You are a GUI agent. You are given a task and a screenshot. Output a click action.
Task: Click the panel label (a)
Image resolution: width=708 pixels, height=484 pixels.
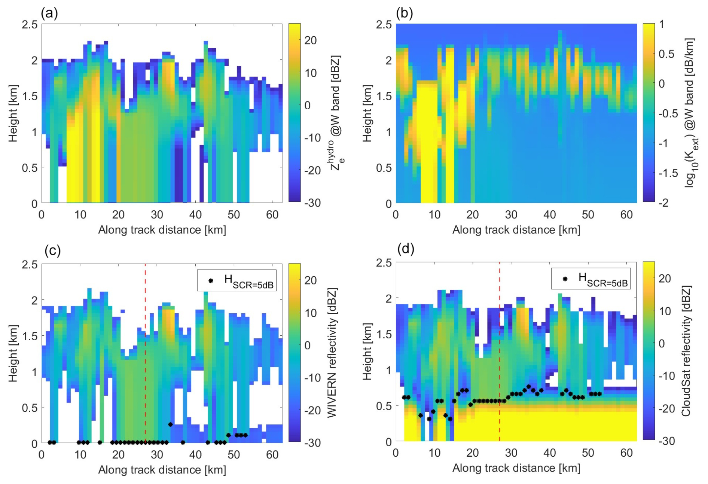pyautogui.click(x=49, y=14)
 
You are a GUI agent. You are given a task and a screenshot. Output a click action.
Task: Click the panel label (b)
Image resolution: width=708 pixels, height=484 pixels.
pyautogui.click(x=404, y=14)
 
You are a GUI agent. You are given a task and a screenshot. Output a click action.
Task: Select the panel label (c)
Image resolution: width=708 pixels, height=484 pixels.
pyautogui.click(x=52, y=250)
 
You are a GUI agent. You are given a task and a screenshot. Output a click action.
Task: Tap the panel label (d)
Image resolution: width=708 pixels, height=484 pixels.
pyautogui.click(x=406, y=249)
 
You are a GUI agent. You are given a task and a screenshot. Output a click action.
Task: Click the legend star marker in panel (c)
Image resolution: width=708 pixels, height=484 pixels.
pyautogui.click(x=211, y=280)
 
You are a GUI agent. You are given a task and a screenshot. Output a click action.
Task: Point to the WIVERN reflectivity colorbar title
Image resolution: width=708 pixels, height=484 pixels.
pyautogui.click(x=332, y=352)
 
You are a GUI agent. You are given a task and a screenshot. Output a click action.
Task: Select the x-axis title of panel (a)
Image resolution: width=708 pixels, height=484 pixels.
pyautogui.click(x=162, y=229)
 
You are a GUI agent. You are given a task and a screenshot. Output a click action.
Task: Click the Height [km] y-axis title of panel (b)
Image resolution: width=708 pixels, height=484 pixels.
pyautogui.click(x=367, y=113)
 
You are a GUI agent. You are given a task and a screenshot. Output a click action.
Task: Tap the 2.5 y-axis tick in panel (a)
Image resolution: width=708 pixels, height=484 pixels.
pyautogui.click(x=30, y=25)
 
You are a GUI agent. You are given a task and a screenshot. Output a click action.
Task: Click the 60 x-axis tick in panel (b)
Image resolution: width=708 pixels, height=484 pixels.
pyautogui.click(x=626, y=215)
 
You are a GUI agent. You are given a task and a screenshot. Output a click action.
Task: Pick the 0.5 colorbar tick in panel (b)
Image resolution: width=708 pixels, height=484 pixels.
pyautogui.click(x=666, y=54)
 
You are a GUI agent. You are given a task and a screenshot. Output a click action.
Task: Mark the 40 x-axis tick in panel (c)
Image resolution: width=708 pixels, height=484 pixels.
pyautogui.click(x=195, y=455)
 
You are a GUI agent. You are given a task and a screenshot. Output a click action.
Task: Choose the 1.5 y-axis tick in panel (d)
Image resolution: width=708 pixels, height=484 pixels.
pyautogui.click(x=384, y=334)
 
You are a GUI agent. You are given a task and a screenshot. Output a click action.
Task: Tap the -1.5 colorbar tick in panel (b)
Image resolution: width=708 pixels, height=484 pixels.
pyautogui.click(x=668, y=173)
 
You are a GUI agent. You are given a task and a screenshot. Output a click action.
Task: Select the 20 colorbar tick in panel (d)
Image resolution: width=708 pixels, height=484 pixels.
pyautogui.click(x=665, y=278)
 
